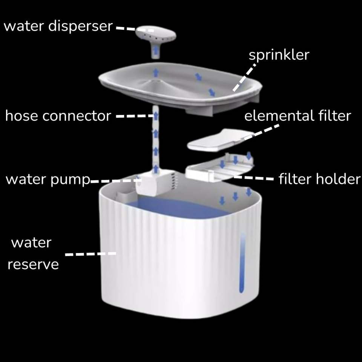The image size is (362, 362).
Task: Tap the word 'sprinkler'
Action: [279, 55]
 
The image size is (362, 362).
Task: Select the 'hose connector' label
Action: [58, 116]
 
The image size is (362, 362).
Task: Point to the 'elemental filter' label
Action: [298, 115]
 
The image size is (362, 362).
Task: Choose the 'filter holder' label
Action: [319, 179]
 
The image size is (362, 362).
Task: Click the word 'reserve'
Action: [33, 264]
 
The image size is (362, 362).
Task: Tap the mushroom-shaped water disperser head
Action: [156, 35]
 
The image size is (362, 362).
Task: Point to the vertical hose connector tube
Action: [155, 143]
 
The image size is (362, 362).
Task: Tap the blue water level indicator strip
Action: [242, 264]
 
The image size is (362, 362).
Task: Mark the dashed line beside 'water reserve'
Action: [91, 254]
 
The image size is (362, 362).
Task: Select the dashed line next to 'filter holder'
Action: [253, 178]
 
